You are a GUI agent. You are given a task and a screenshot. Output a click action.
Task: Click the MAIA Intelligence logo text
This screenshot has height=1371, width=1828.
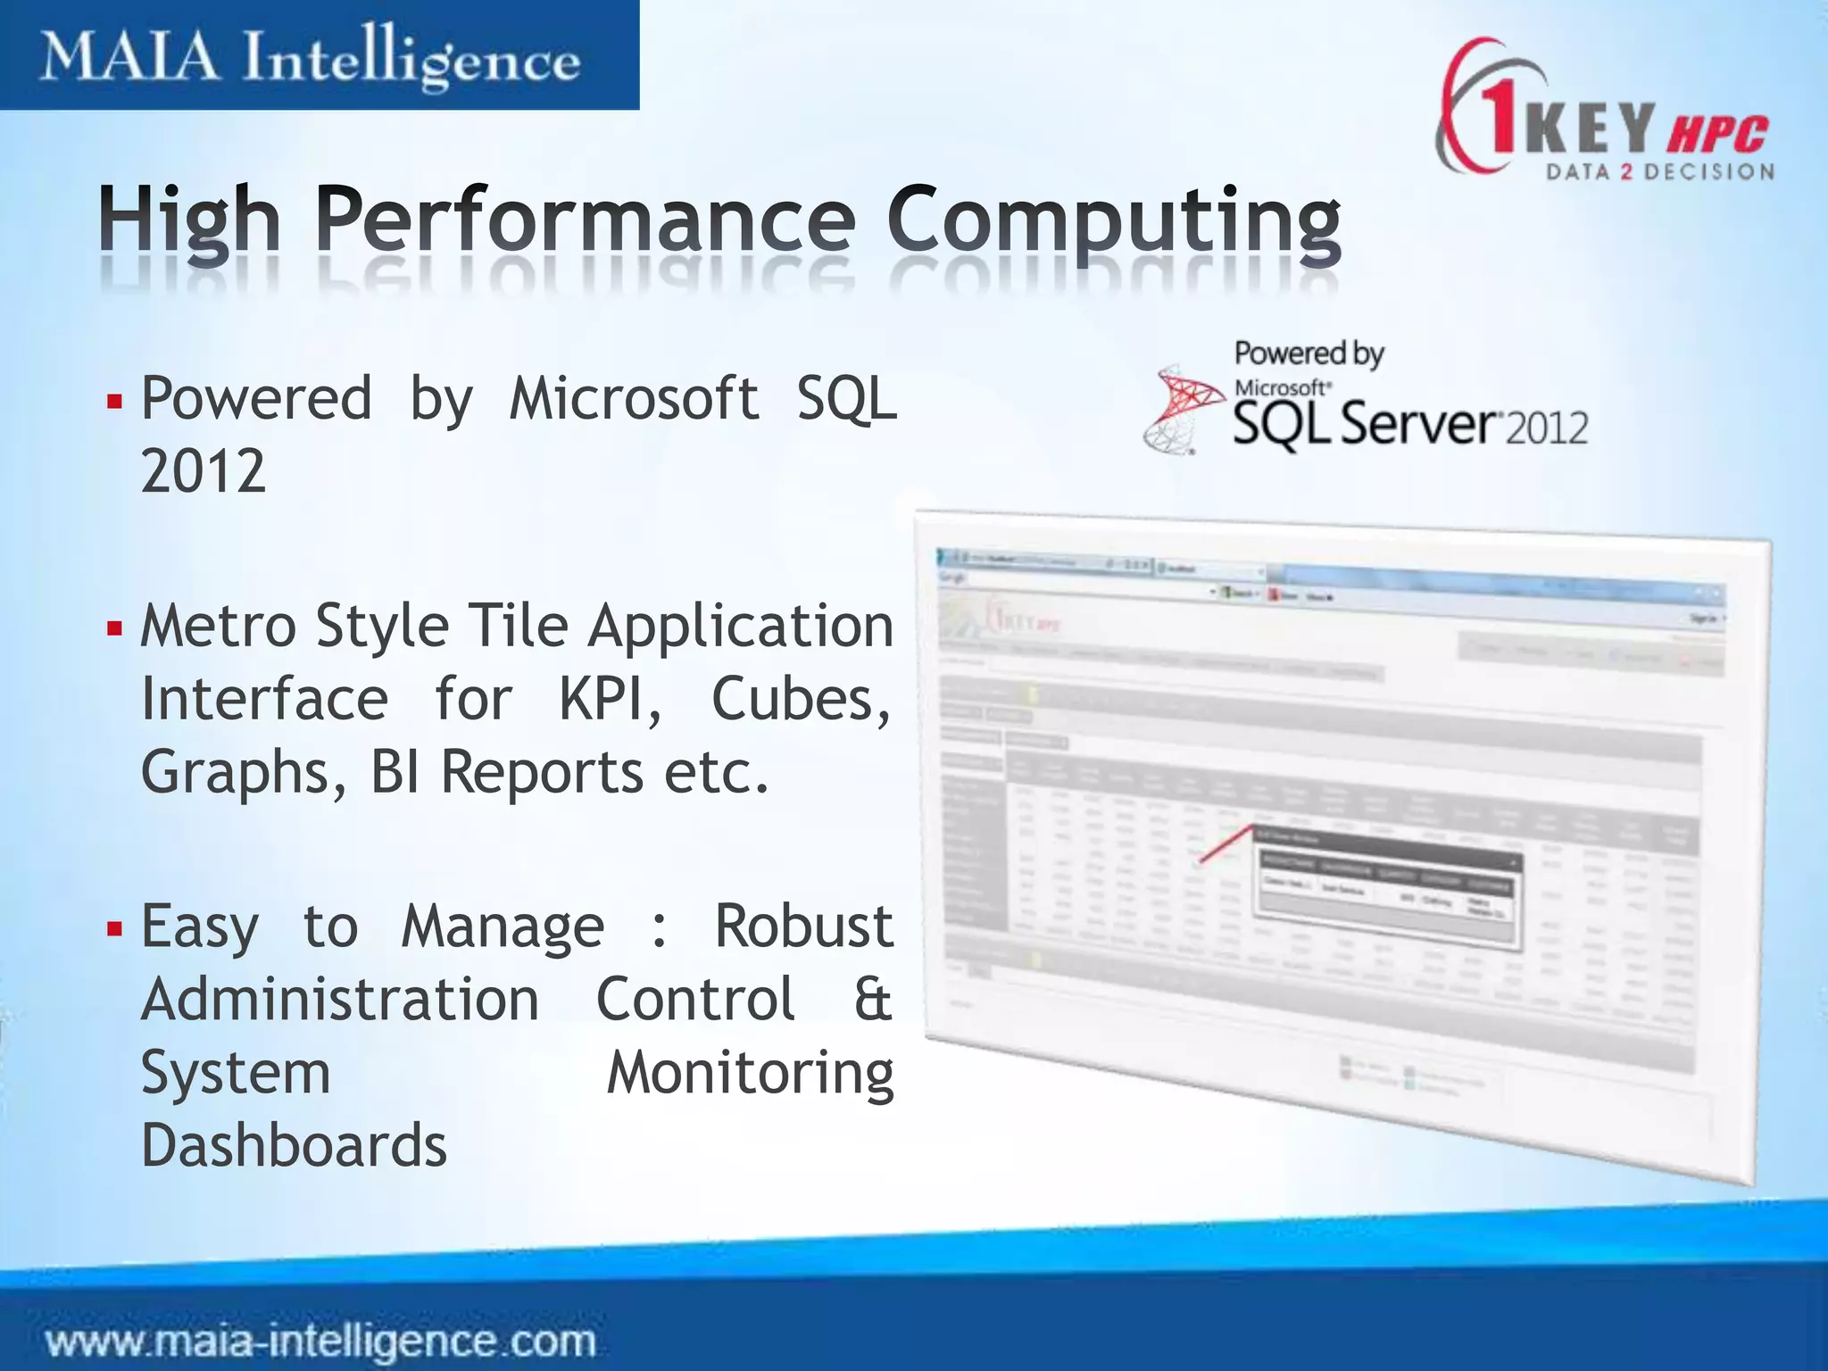point(310,59)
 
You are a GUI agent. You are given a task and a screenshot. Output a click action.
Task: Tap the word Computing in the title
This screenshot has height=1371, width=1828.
point(1113,221)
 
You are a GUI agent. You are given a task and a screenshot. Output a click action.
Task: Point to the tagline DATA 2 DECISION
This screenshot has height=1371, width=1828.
point(1660,172)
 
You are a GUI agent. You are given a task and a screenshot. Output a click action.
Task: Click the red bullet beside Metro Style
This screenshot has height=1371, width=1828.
point(113,628)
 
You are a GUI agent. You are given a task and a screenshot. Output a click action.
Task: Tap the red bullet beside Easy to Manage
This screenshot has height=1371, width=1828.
point(113,928)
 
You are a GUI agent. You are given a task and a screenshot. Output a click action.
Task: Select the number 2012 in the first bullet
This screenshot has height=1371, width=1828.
point(204,471)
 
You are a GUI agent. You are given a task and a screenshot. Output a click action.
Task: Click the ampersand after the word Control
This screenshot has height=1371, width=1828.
point(872,1000)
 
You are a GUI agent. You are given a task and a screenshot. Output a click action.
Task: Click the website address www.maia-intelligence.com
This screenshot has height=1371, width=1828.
point(321,1342)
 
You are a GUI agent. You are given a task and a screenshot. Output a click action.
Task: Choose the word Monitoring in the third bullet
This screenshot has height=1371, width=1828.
point(750,1073)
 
